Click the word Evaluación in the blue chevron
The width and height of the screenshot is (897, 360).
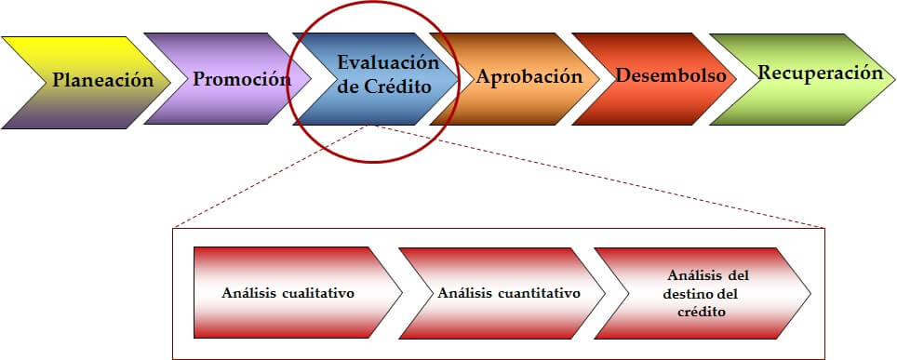386,64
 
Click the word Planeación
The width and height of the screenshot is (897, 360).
102,80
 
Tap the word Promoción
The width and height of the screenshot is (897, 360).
241,80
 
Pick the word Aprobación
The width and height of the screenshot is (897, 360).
529,77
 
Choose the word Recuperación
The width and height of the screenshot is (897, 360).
820,73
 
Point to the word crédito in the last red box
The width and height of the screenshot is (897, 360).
703,312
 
